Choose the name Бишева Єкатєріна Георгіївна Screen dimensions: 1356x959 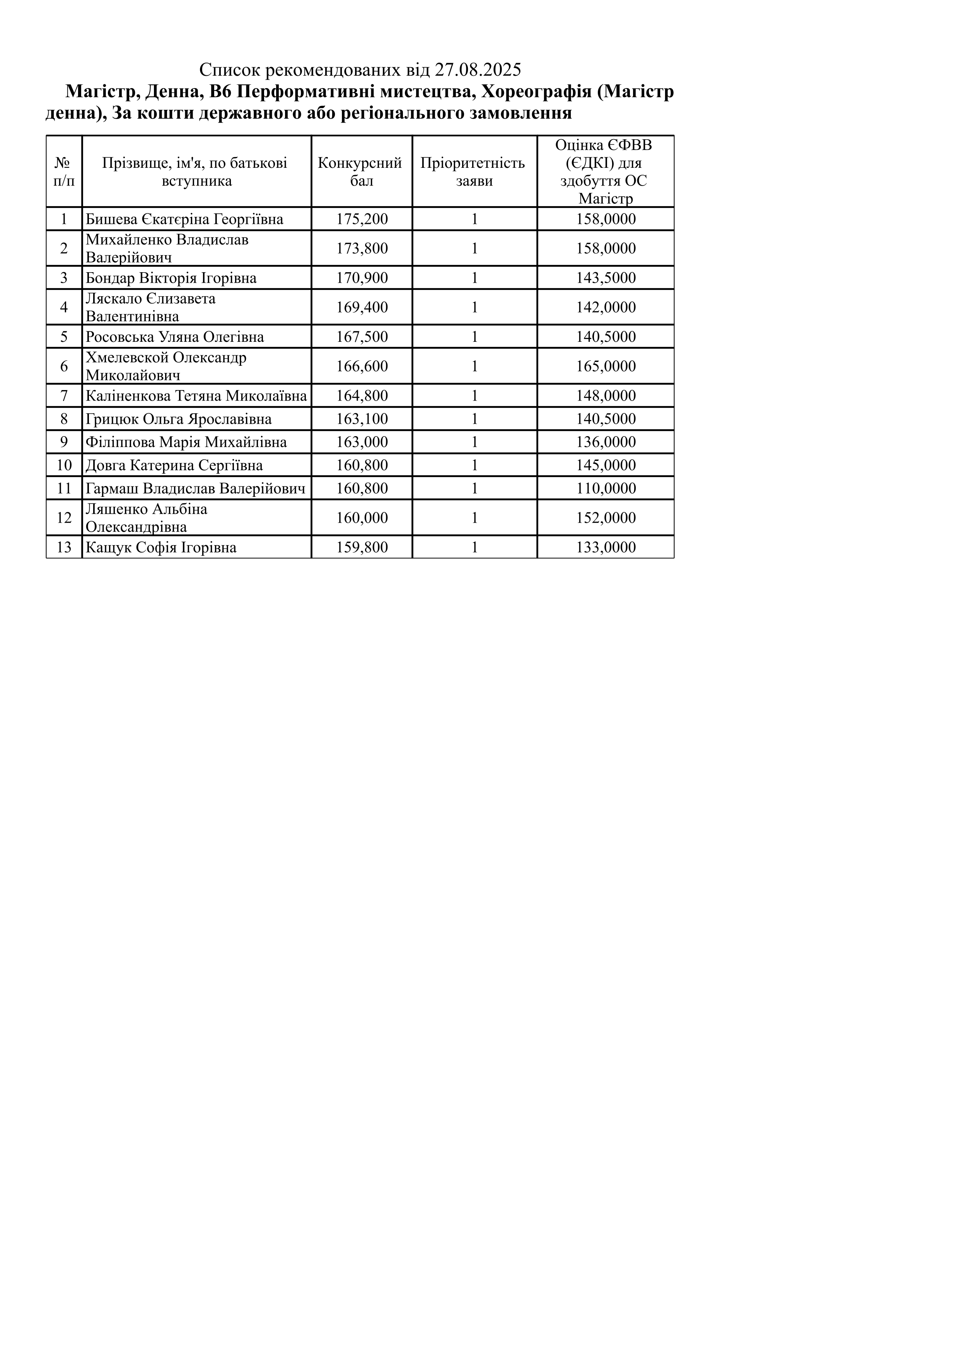(x=184, y=220)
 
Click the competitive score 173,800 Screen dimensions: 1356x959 (x=362, y=249)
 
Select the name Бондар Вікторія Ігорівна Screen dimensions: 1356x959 (x=171, y=278)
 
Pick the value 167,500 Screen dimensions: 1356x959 (x=362, y=337)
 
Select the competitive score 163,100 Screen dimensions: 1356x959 (x=362, y=419)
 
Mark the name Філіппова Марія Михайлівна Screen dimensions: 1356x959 (x=186, y=442)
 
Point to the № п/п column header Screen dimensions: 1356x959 (x=64, y=171)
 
